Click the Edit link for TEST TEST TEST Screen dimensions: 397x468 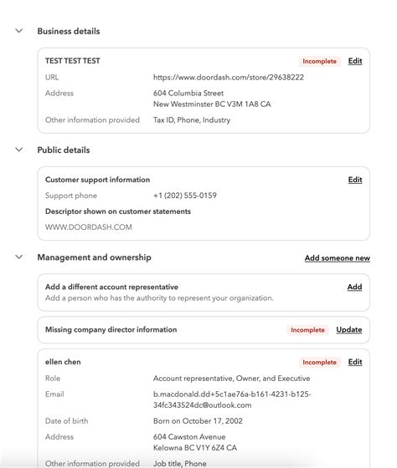click(x=355, y=61)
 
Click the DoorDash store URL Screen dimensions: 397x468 click(x=228, y=77)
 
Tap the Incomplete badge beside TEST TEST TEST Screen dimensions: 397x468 click(x=320, y=61)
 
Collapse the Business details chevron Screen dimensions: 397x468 click(x=18, y=31)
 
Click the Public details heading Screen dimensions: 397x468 click(x=64, y=150)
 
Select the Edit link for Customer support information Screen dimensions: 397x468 click(x=355, y=180)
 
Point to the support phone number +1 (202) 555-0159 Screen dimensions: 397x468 click(x=185, y=196)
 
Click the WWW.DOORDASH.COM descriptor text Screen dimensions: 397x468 click(x=89, y=226)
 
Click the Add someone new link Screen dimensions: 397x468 click(x=337, y=258)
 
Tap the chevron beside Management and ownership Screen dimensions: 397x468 click(x=18, y=257)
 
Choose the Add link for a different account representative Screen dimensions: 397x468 click(x=354, y=287)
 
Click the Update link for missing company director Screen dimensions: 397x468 click(x=349, y=330)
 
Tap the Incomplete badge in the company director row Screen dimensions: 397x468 click(x=307, y=330)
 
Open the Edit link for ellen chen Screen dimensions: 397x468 click(x=355, y=363)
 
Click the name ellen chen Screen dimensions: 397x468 click(x=63, y=362)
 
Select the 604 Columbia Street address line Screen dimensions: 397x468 click(x=188, y=93)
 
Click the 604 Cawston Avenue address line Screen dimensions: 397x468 click(x=189, y=436)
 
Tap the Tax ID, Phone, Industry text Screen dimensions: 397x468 click(x=192, y=120)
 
